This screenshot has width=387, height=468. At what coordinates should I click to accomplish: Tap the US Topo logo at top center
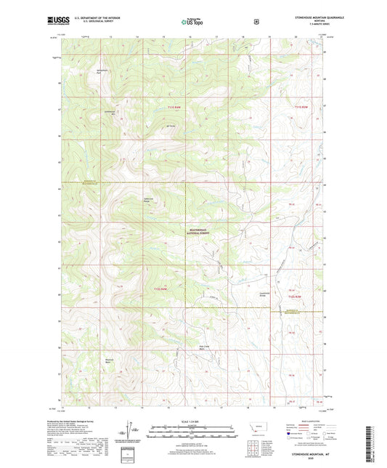(192, 23)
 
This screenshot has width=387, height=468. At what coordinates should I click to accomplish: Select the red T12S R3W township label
(293, 296)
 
